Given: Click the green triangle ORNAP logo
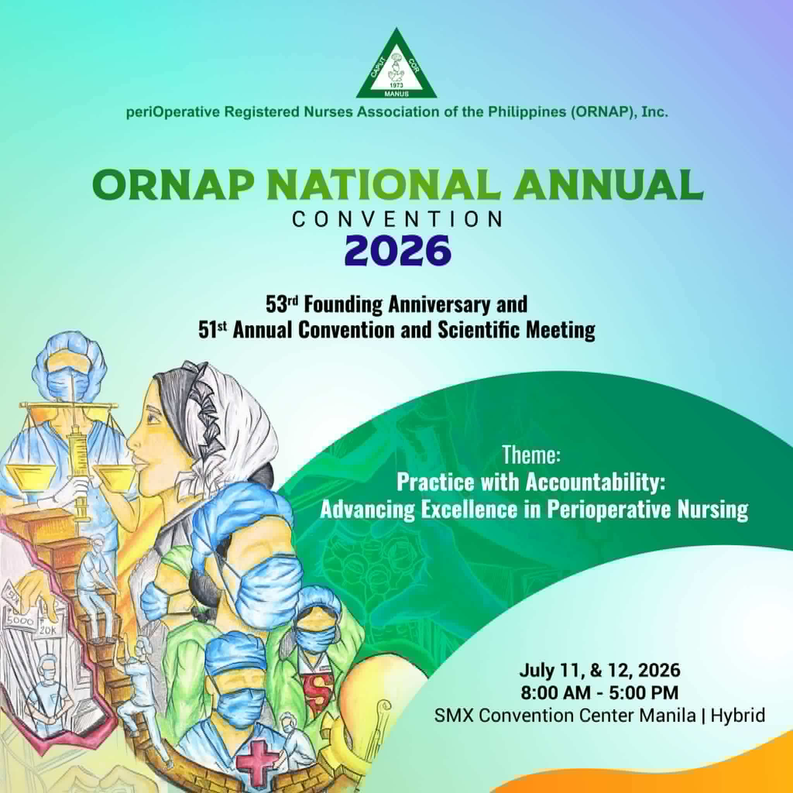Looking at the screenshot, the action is click(x=396, y=66).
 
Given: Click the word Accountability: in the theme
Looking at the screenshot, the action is click(x=595, y=483).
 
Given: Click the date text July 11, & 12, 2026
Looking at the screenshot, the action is click(x=600, y=671).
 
